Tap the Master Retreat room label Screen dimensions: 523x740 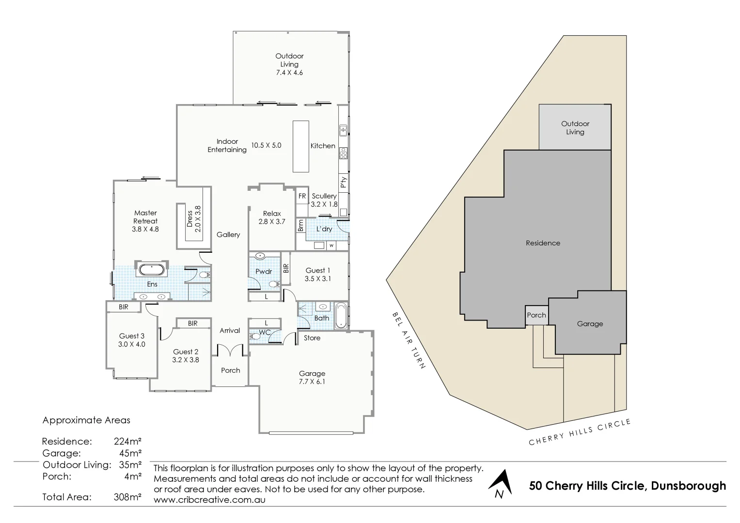pyautogui.click(x=145, y=216)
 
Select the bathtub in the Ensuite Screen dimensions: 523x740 pyautogui.click(x=152, y=270)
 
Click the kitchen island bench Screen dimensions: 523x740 pyautogui.click(x=300, y=146)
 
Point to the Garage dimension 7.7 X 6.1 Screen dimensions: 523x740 pyautogui.click(x=312, y=382)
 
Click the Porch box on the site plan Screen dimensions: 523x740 pyautogui.click(x=536, y=315)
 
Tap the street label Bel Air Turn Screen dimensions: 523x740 pyautogui.click(x=408, y=340)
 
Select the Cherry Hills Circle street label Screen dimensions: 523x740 pyautogui.click(x=580, y=431)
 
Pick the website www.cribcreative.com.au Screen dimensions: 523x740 pyautogui.click(x=209, y=499)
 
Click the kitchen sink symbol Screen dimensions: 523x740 pyautogui.click(x=343, y=130)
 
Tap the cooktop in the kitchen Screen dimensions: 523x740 pyautogui.click(x=343, y=153)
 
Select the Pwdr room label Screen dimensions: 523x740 pyautogui.click(x=264, y=272)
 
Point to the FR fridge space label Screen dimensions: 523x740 pyautogui.click(x=302, y=196)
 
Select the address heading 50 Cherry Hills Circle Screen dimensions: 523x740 pyautogui.click(x=628, y=486)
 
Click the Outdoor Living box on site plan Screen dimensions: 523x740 pyautogui.click(x=575, y=127)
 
